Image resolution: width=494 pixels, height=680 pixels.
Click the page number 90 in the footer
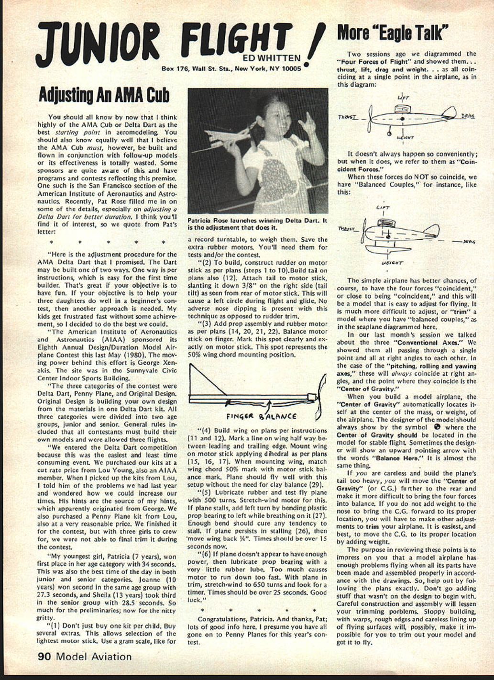pyautogui.click(x=44, y=657)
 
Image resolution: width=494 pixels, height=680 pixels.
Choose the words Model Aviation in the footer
pyautogui.click(x=94, y=657)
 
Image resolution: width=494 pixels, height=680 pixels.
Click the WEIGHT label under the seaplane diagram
pyautogui.click(x=392, y=263)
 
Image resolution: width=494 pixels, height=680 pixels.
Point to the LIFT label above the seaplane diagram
pyautogui.click(x=383, y=208)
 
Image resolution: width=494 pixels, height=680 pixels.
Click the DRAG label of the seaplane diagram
pyautogui.click(x=469, y=242)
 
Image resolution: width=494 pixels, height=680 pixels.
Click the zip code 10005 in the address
pyautogui.click(x=288, y=68)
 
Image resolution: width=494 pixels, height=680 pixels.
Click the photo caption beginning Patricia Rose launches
pyautogui.click(x=257, y=224)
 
